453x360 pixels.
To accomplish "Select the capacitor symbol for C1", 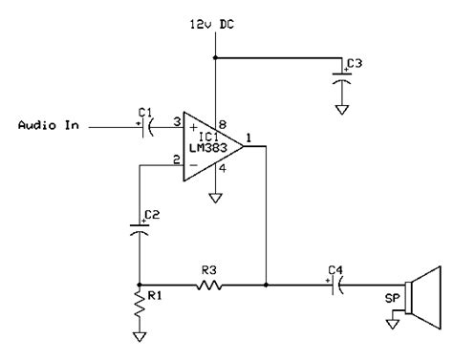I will (145, 126).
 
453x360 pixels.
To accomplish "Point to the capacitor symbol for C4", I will (334, 285).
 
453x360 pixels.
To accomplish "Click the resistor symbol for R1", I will (140, 307).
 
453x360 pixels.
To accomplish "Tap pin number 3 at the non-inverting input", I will (178, 120).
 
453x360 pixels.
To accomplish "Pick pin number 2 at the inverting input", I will (178, 159).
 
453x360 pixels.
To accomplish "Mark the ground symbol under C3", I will (341, 107).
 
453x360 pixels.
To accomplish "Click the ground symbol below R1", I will (140, 336).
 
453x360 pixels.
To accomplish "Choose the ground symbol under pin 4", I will (216, 198).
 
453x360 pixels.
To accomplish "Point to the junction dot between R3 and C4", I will (267, 285).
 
